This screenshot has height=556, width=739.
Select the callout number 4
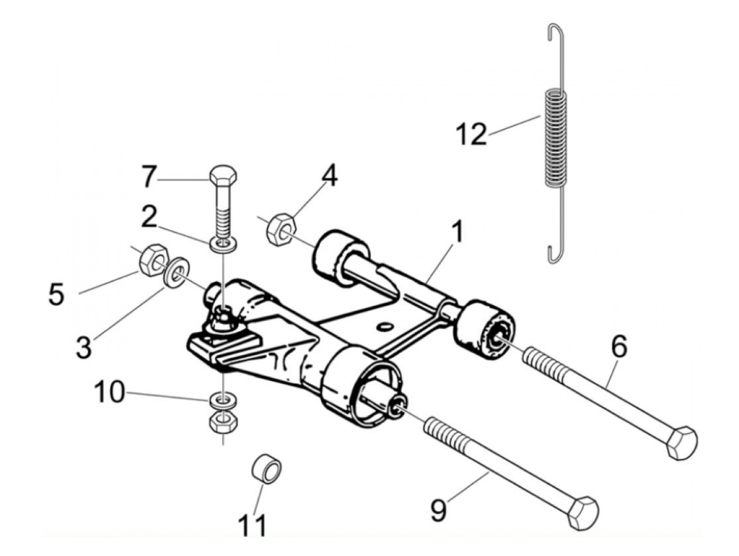[x=329, y=177]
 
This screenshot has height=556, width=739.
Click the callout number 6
[x=619, y=347]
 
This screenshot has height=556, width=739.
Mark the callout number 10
[x=109, y=393]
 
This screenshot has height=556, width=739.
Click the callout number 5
[x=56, y=294]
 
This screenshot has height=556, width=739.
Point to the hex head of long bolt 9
[x=583, y=512]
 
